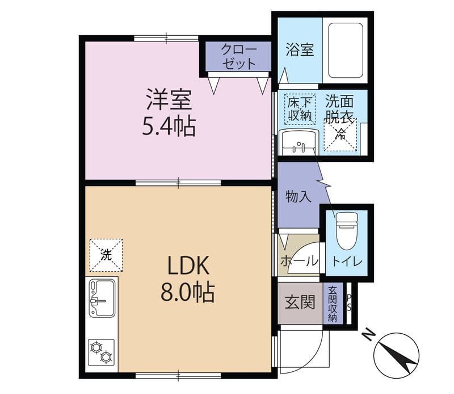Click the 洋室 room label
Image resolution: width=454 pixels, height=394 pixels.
click(169, 99)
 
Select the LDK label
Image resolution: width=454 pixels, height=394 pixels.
click(188, 266)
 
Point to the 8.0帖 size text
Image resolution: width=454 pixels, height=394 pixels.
click(188, 292)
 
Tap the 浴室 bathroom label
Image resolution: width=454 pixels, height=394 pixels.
click(300, 49)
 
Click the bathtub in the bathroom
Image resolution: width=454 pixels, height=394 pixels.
click(346, 50)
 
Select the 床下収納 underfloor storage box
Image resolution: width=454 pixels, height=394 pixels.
click(300, 109)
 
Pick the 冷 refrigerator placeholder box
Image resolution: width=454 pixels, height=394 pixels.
click(340, 134)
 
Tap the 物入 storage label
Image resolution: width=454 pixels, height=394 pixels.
click(299, 197)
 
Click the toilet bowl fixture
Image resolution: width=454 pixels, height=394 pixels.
click(347, 231)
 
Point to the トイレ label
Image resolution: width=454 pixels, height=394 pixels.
click(347, 262)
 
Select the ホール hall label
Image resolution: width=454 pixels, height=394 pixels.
click(300, 260)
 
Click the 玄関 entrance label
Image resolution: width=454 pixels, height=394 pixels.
click(300, 302)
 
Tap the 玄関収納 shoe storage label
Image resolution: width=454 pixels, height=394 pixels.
click(333, 304)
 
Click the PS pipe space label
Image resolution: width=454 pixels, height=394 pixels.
click(349, 302)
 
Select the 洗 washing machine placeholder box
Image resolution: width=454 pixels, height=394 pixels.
click(106, 255)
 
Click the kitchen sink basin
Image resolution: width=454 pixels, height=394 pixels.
click(102, 298)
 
